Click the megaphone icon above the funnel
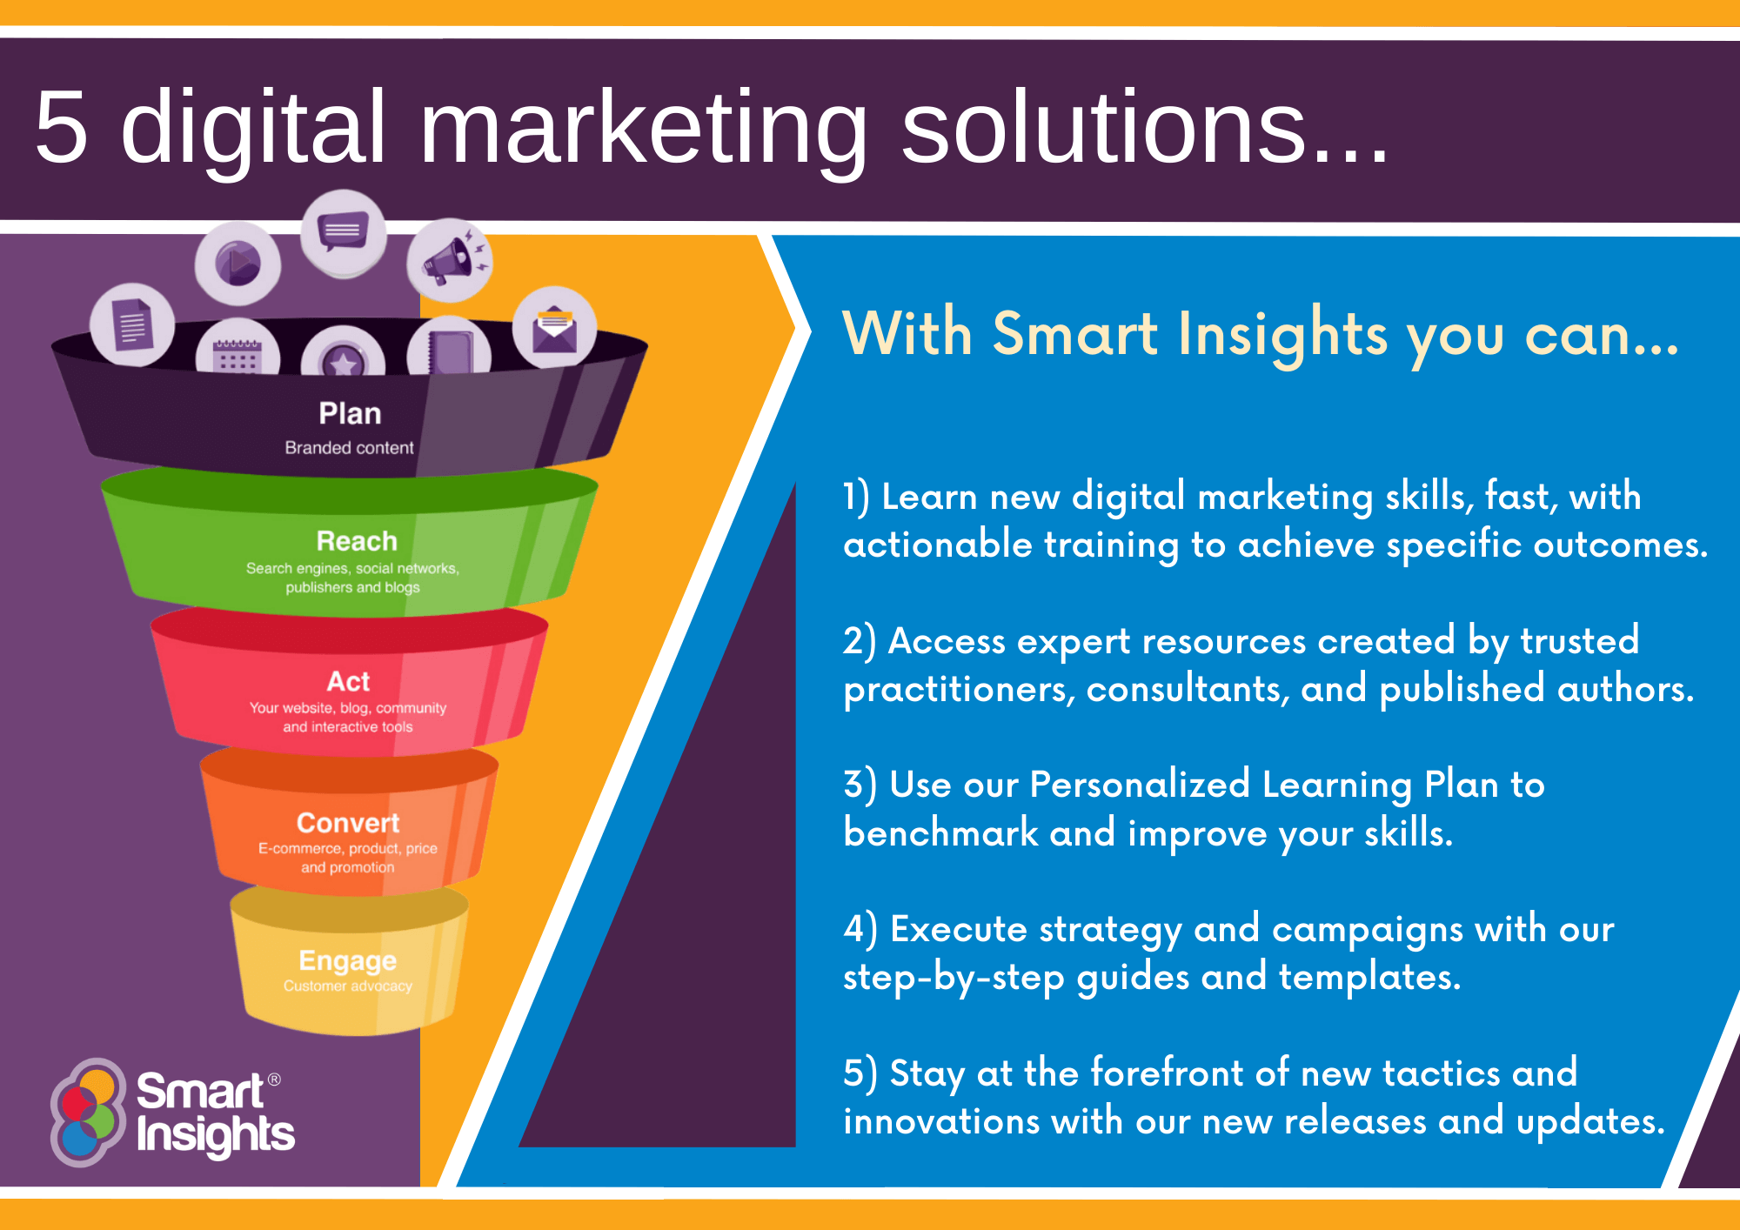pos(450,260)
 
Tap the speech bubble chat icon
pos(344,233)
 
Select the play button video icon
pos(238,264)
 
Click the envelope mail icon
pos(555,328)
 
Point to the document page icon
pos(132,325)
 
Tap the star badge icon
pos(343,354)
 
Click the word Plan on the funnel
pos(350,413)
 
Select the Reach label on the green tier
pos(357,541)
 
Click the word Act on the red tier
pos(348,681)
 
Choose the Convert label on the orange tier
pos(348,823)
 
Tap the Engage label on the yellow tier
pos(347,961)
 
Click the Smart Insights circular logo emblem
pos(87,1113)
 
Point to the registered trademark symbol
pos(274,1080)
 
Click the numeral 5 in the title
pos(62,127)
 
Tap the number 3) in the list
pos(860,784)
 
